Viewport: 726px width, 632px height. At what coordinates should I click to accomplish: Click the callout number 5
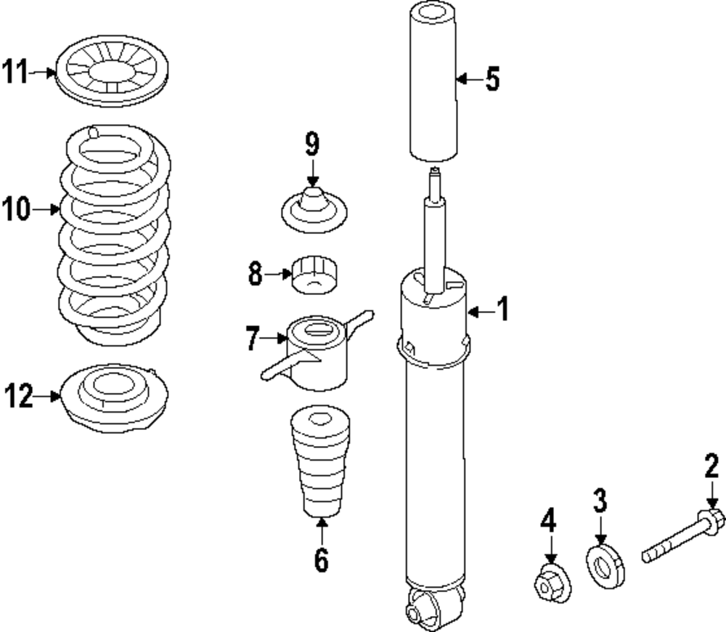pos(493,78)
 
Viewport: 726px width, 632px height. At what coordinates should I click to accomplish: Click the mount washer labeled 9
pos(314,211)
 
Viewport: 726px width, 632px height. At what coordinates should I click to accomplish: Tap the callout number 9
pos(311,145)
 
